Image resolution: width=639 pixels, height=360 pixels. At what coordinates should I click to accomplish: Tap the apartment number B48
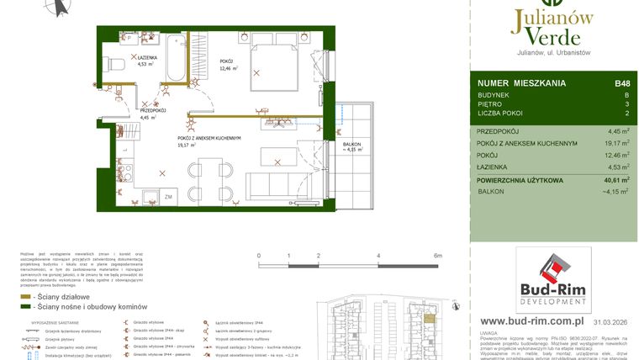pos(622,83)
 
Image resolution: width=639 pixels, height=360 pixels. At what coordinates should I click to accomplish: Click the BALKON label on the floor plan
pos(352,145)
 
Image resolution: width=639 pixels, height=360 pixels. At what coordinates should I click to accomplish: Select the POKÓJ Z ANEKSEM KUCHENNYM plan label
pos(209,137)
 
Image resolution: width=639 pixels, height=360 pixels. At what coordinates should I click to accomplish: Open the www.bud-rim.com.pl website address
pos(532,321)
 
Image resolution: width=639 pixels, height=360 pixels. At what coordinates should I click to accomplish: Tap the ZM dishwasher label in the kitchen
pos(169,196)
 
